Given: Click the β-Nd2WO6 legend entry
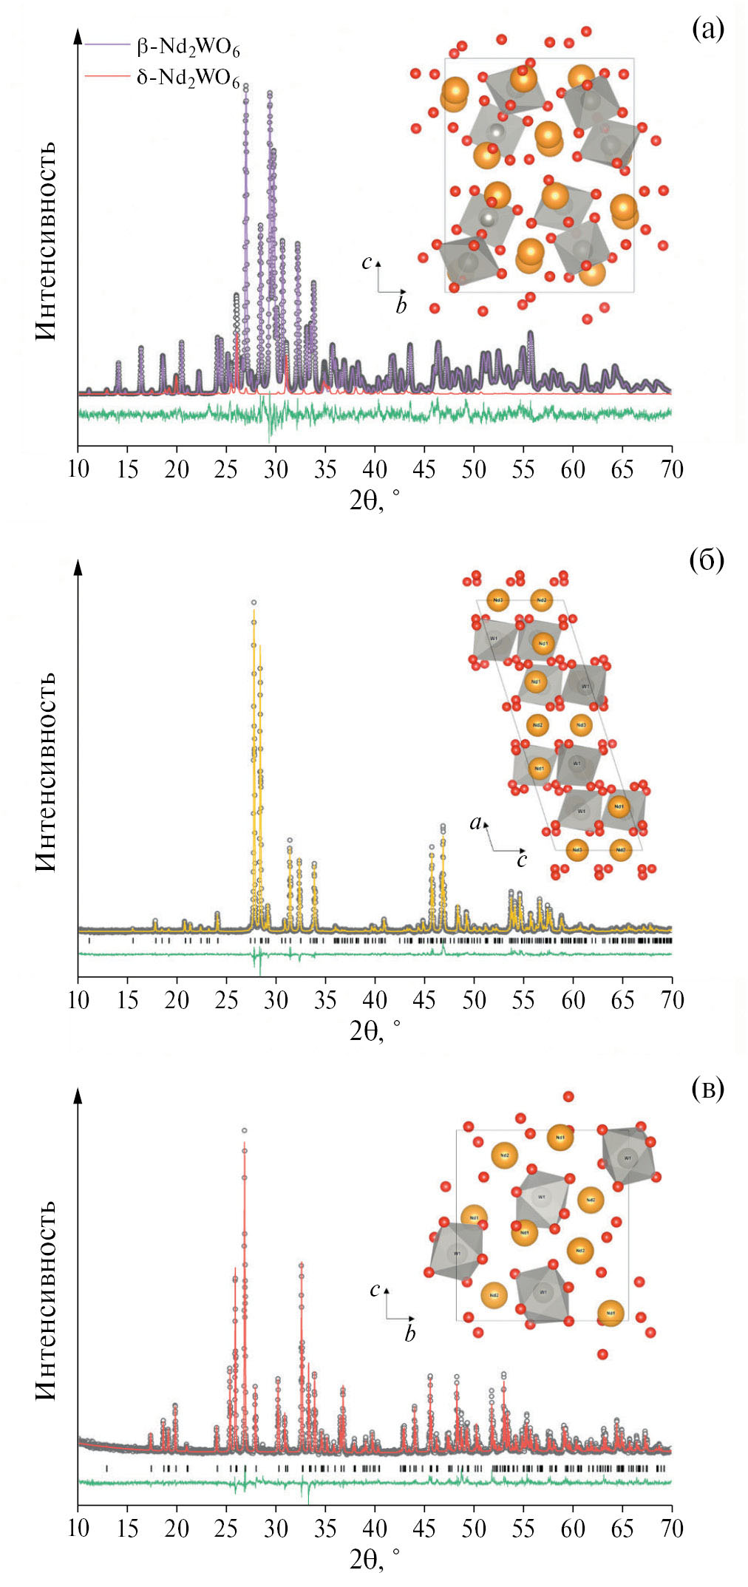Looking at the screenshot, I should coord(188,48).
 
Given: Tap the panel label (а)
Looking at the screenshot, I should coord(707,29).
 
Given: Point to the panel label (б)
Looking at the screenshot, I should coord(706,560).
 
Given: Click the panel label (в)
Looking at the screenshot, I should coord(707,1088).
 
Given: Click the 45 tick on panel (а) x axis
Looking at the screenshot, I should coord(424,469).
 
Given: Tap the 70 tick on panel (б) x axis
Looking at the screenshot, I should coord(671,999).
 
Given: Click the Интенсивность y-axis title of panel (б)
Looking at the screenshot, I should coord(47,772).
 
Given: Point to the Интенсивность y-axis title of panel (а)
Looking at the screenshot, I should coord(47,241).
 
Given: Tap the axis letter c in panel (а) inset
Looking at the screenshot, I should coord(366,262).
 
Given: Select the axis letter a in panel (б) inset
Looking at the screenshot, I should coord(476,822).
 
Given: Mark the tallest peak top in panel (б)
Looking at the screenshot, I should coord(254,603).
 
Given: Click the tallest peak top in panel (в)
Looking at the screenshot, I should coord(244,1131).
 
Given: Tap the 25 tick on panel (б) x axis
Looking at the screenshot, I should coord(226,999).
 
